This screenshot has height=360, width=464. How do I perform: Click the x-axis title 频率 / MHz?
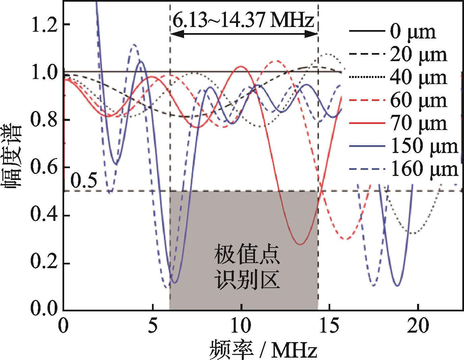264,349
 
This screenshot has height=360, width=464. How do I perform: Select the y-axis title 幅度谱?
13,157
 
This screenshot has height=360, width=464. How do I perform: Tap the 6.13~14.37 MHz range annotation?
243,21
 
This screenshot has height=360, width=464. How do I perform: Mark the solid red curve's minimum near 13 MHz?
300,244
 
